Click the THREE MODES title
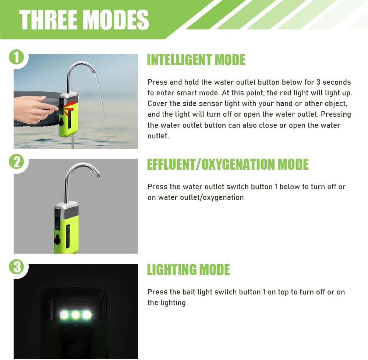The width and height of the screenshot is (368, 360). click(x=84, y=20)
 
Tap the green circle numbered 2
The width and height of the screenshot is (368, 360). click(x=16, y=162)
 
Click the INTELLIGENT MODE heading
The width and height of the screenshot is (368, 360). click(x=196, y=60)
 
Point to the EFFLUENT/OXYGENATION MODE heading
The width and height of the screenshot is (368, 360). click(x=227, y=165)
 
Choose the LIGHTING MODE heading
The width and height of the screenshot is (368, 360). click(x=188, y=270)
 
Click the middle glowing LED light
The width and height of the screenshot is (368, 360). click(x=75, y=315)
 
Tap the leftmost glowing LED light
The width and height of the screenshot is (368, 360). click(x=64, y=315)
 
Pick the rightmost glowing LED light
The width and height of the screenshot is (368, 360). click(x=87, y=315)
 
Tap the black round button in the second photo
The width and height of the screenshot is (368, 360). click(x=57, y=241)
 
